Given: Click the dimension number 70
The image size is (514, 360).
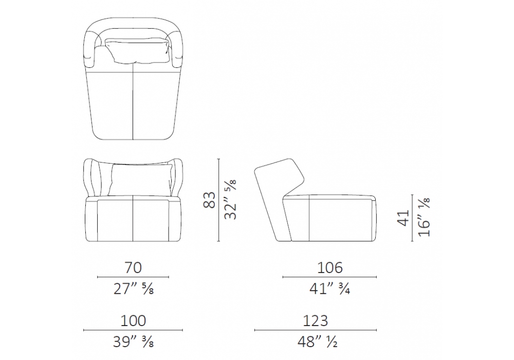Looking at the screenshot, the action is tap(133, 267).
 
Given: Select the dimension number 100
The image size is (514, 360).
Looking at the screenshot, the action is tap(133, 320).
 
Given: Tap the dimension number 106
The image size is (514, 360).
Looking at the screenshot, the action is tap(330, 267).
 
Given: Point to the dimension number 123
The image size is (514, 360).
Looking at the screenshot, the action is tap(316, 320).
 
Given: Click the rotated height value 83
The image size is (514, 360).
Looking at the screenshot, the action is tap(209, 200).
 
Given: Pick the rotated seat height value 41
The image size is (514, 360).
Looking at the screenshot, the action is tap(403, 218).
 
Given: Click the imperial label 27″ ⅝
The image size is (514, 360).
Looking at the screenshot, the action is tap(134, 289).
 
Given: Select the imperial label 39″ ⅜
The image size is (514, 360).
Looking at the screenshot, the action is tap(134, 342).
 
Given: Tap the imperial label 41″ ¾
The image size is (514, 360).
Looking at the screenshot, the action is tap(330, 289).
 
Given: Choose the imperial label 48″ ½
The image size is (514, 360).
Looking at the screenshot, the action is tap(317, 342).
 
